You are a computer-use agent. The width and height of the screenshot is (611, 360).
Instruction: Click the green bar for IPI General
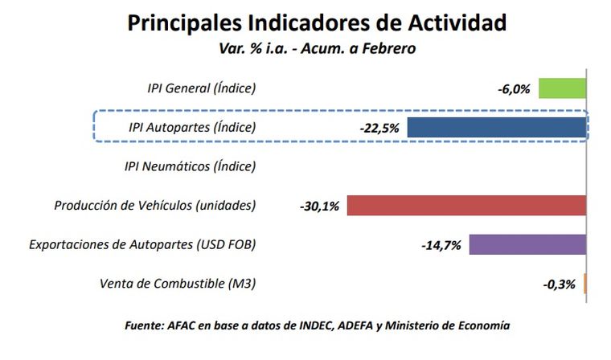(x=562, y=88)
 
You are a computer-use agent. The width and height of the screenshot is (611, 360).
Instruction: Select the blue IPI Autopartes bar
(x=497, y=127)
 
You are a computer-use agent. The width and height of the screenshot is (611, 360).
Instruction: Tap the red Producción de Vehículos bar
(x=466, y=206)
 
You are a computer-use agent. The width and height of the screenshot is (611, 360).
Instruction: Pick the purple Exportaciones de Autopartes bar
(x=527, y=244)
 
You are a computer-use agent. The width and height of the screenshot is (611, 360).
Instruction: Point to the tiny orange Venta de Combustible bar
(x=585, y=284)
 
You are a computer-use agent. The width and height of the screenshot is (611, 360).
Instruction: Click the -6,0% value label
(x=514, y=88)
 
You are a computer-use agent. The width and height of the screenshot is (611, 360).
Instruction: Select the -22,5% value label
(x=379, y=128)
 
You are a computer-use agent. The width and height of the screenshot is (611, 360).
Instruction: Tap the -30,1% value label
(x=319, y=207)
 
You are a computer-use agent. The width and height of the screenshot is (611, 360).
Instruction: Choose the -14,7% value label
(x=441, y=245)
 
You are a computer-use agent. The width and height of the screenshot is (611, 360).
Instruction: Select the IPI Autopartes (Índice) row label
(x=192, y=128)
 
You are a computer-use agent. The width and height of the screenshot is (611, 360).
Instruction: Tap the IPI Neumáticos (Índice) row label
(x=190, y=166)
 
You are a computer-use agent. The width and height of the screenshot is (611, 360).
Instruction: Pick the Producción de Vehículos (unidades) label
(x=155, y=206)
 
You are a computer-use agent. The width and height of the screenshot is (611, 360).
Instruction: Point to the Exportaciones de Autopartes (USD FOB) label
(x=142, y=244)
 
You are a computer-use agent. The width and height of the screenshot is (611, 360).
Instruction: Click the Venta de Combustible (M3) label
(x=178, y=284)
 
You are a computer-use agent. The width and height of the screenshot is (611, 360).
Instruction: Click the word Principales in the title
(x=190, y=22)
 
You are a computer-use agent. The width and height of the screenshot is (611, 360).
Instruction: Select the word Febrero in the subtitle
(x=388, y=48)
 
